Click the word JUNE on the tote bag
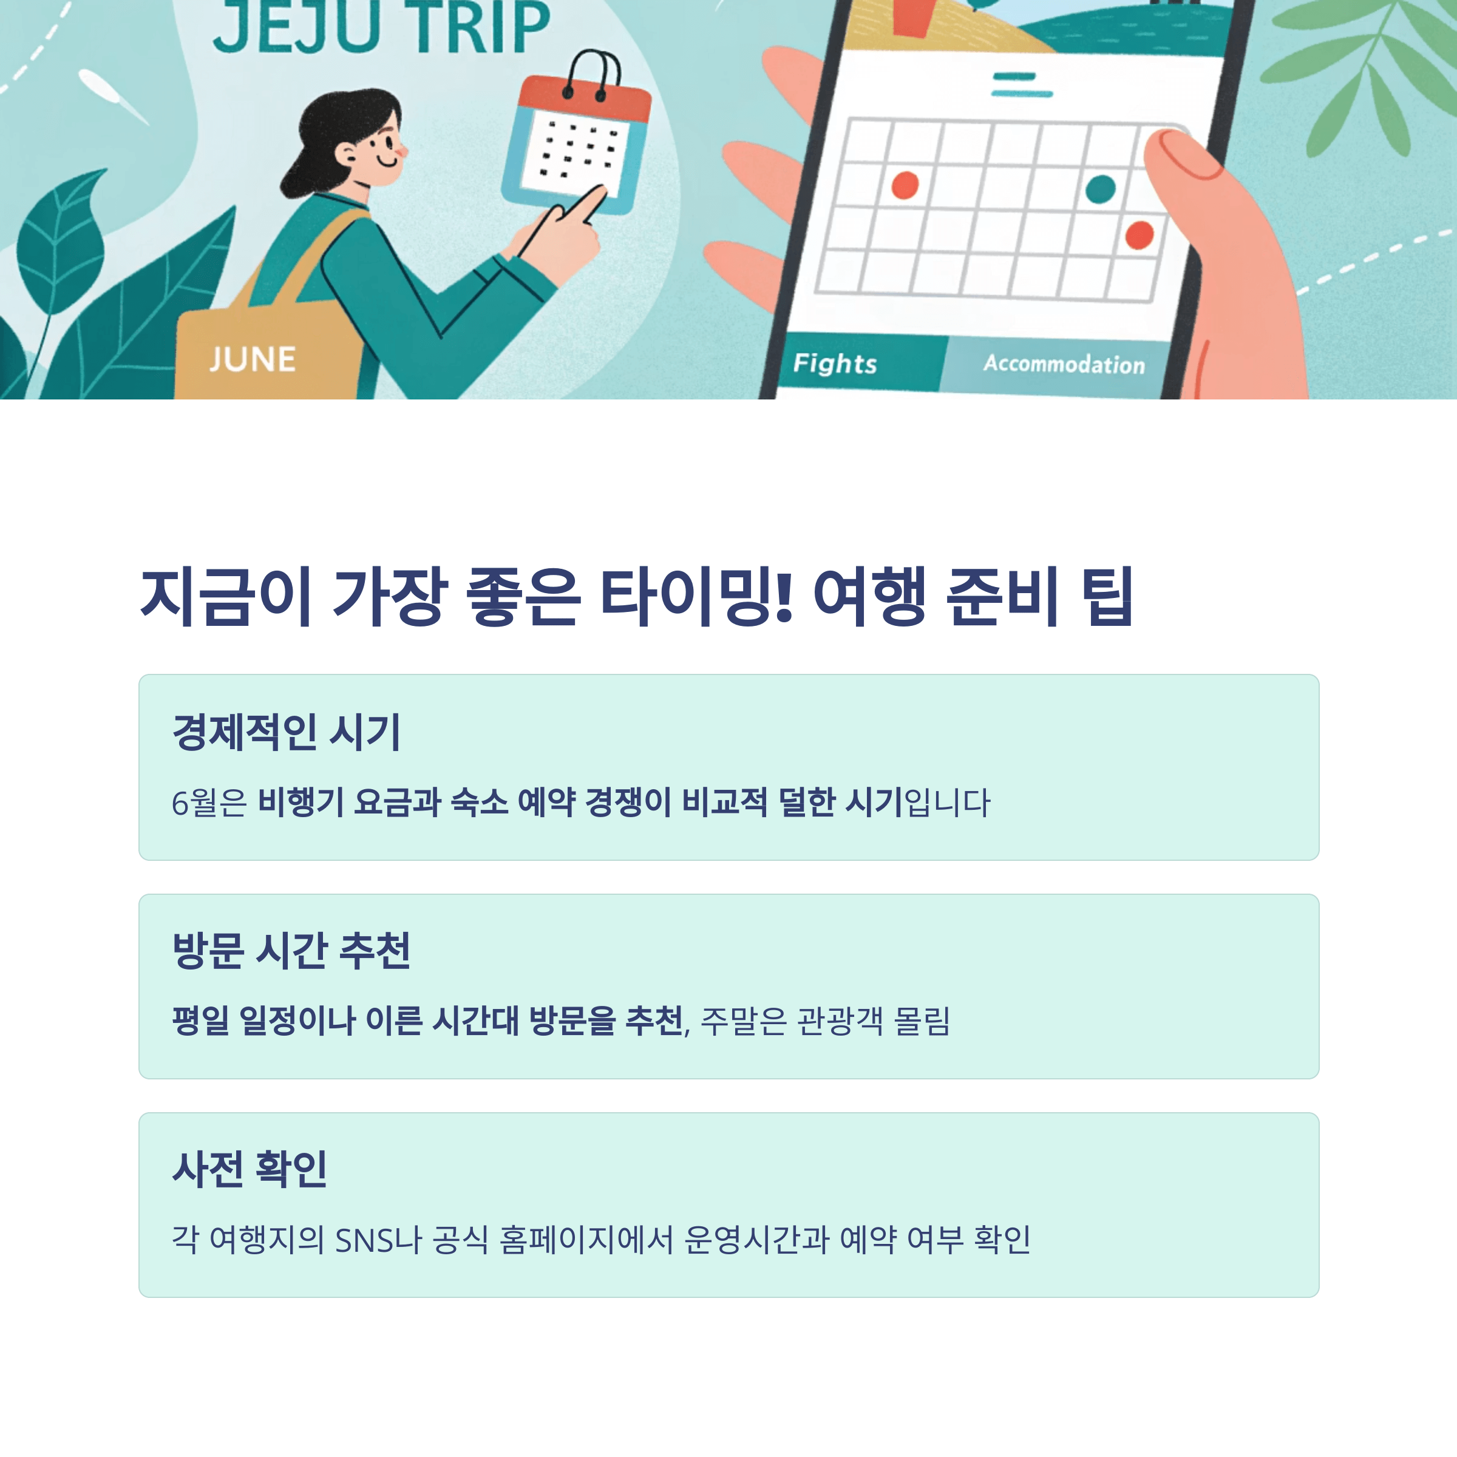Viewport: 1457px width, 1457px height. point(253,360)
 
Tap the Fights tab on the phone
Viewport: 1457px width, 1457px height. point(835,364)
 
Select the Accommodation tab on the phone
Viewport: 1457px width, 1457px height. point(1064,364)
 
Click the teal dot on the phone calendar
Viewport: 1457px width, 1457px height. point(1100,189)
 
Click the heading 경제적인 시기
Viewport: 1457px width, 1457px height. point(287,732)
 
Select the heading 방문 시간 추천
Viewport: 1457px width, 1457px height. point(291,950)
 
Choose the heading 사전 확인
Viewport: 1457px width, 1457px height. point(250,1169)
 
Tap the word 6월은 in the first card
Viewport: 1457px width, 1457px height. point(209,803)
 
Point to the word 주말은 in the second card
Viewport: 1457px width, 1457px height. point(744,1021)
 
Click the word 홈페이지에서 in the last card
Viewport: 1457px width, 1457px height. point(586,1240)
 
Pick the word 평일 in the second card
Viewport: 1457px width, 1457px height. point(200,1021)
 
